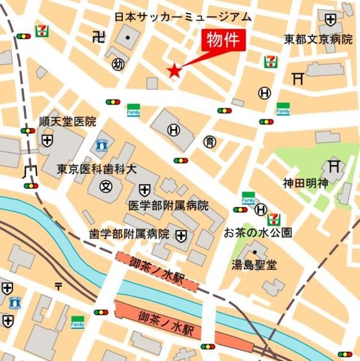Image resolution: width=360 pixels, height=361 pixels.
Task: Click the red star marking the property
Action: tap(175, 71)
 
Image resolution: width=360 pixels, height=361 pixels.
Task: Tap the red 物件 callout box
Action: tap(224, 42)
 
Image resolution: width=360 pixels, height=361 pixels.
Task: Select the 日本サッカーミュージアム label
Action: tap(183, 17)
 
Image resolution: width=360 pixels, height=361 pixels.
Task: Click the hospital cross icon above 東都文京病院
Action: tap(330, 20)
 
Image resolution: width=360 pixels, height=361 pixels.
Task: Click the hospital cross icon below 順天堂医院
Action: tap(47, 139)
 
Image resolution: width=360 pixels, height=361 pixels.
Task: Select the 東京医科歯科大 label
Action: tap(96, 169)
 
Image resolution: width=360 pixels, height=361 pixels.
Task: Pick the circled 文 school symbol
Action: tap(105, 184)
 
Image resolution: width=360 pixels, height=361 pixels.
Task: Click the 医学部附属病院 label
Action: tap(168, 205)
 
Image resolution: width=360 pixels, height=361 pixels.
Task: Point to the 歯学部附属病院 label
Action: tap(129, 234)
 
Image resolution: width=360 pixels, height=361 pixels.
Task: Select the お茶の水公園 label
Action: tap(257, 232)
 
